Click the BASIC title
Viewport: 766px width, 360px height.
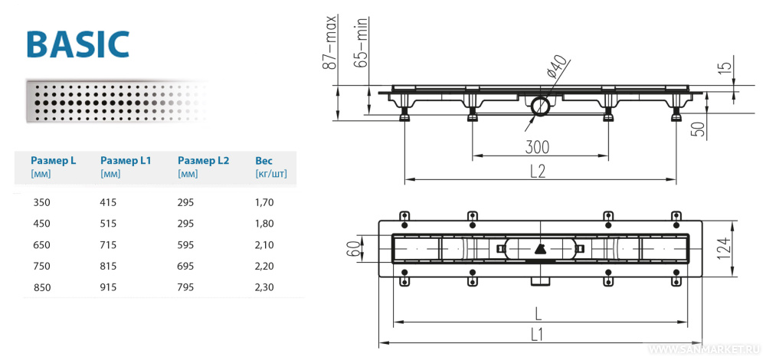click(77, 44)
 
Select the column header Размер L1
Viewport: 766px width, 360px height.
click(126, 161)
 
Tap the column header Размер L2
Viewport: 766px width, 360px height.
click(203, 161)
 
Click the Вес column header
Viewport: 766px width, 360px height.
click(264, 161)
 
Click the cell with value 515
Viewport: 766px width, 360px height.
click(110, 224)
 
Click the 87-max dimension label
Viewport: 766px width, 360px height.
click(330, 42)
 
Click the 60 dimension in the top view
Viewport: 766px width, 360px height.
click(353, 248)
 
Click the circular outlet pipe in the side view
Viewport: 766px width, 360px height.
click(539, 105)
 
